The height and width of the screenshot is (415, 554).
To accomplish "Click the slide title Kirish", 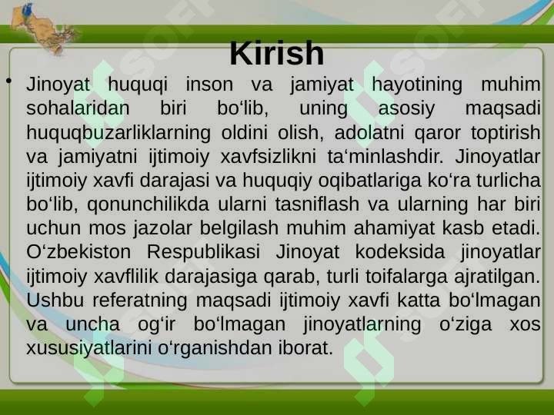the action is click(x=277, y=53).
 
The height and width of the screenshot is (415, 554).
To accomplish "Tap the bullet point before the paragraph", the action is click(x=8, y=81).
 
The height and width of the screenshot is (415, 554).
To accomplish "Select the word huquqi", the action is click(x=138, y=85).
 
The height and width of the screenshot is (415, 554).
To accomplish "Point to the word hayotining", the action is click(x=417, y=85).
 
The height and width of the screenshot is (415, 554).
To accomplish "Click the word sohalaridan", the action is click(x=78, y=108).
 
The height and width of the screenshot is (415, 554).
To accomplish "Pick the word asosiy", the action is click(x=406, y=109).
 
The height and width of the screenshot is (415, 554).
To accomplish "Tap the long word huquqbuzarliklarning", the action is click(x=118, y=134).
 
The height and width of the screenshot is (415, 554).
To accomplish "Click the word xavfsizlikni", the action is click(x=269, y=157).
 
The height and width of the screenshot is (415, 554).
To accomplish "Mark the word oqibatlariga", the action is click(x=369, y=181).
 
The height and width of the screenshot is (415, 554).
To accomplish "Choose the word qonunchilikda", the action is click(x=148, y=204).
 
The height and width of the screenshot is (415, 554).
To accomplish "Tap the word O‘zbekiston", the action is click(x=78, y=252).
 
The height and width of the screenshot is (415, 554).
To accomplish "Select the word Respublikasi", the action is click(x=203, y=253).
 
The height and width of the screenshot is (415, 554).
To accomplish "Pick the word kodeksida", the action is click(x=399, y=252).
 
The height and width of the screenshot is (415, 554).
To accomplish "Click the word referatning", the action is click(x=139, y=301).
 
